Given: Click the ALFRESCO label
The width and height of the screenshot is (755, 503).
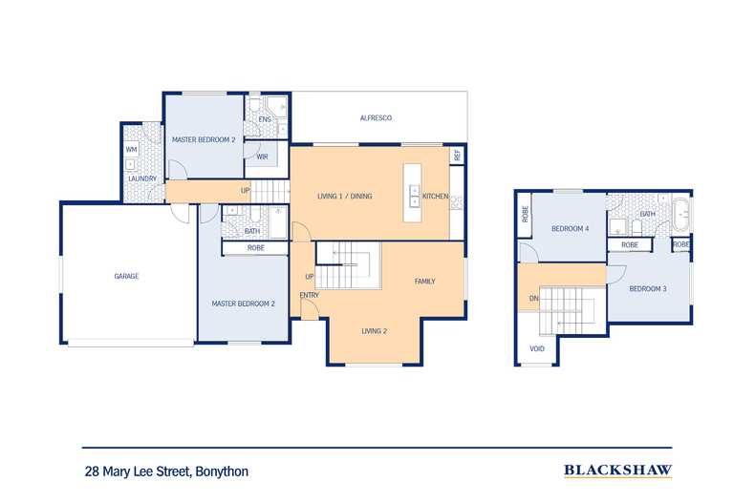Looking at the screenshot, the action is (376, 117).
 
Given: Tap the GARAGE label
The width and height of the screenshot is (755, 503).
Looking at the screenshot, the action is (126, 276).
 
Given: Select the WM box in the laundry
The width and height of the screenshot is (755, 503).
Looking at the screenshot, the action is (132, 150).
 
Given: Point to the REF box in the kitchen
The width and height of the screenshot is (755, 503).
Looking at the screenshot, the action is (457, 156).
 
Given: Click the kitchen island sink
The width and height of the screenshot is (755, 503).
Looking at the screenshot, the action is (414, 197).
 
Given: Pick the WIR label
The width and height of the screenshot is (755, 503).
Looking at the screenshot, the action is (262, 157).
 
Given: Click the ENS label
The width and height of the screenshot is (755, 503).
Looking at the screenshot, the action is (265, 119).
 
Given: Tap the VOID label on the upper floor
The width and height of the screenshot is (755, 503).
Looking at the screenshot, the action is (537, 348).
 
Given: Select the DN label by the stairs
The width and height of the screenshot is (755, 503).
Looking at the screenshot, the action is (533, 299).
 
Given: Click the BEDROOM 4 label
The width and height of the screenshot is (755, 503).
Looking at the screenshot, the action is (571, 229).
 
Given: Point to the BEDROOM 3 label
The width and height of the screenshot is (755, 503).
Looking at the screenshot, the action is (648, 289).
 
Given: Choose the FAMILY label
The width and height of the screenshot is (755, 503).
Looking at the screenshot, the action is (424, 282).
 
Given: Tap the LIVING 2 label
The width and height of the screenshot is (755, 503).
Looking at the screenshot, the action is (374, 331).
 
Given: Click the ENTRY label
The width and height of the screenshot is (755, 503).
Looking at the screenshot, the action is (309, 295).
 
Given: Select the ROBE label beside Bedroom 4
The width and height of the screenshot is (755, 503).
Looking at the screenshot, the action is (525, 214).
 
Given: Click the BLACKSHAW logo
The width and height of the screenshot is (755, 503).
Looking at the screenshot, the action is (617, 471).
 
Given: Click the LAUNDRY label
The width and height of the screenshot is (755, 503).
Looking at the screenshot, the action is (142, 178).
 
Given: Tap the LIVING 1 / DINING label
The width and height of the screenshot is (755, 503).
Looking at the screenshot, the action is (345, 197).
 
